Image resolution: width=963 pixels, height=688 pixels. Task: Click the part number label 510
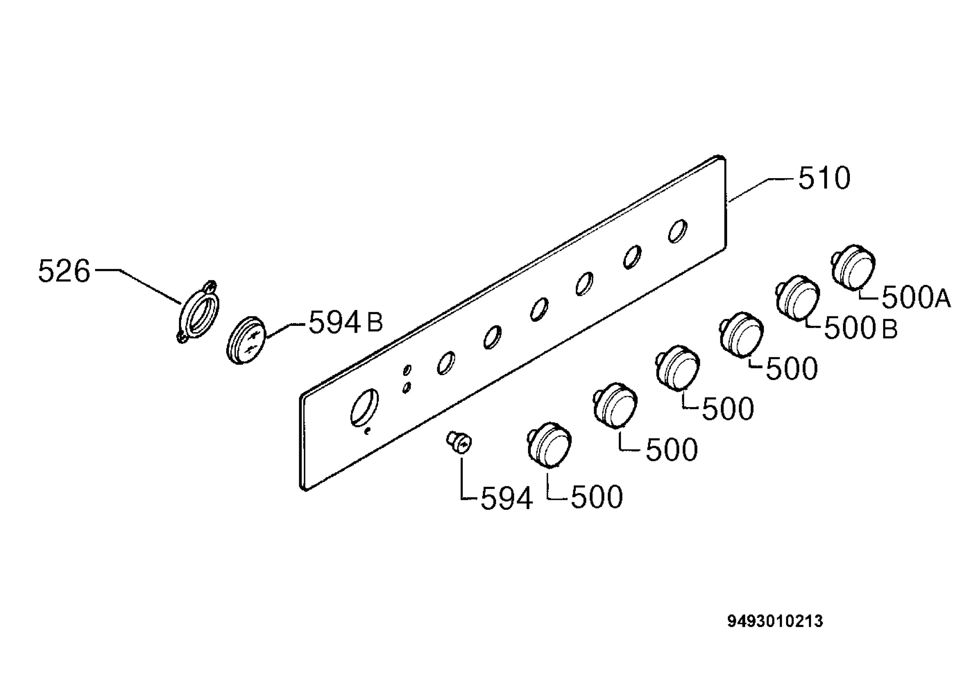[824, 179]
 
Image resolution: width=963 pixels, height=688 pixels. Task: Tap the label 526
[64, 272]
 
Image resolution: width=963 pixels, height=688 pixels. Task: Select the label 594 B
[346, 323]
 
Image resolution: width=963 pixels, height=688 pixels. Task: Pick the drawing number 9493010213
[775, 621]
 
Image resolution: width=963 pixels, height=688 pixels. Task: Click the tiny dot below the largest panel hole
[368, 432]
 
